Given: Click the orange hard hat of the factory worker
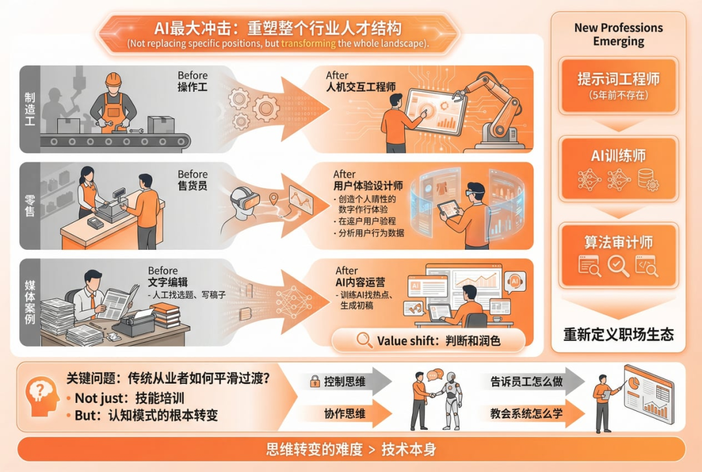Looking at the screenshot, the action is [113, 79].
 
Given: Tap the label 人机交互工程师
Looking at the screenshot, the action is [361, 87].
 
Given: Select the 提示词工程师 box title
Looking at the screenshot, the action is [618, 79].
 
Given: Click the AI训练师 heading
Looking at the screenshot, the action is [618, 156].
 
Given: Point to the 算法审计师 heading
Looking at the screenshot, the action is [618, 242].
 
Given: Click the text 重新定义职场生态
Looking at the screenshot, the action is [618, 335].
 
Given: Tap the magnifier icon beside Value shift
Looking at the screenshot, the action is [365, 340].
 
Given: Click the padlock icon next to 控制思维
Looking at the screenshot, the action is [315, 381].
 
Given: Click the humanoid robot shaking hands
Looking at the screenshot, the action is [451, 400].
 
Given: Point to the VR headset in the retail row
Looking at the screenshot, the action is [245, 198].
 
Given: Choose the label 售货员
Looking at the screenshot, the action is [192, 186].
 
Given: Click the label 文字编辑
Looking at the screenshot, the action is [168, 283].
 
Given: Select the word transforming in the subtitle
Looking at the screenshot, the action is [308, 44].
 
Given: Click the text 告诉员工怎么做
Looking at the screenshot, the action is [526, 382].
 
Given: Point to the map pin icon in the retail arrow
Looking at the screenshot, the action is [274, 198].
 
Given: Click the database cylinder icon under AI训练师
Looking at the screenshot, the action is [647, 179].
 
